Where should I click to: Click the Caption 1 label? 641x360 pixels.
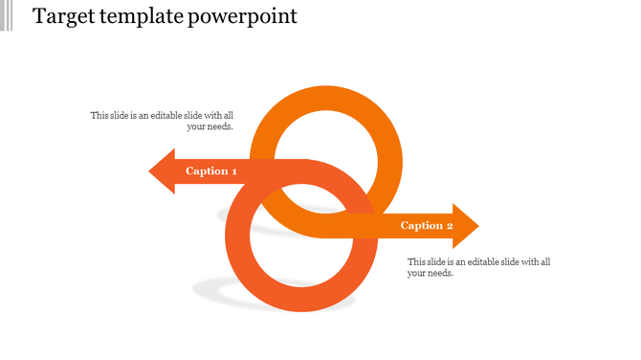click(x=211, y=171)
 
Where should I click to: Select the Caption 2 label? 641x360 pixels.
click(x=427, y=226)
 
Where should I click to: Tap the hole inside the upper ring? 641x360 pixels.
click(x=325, y=153)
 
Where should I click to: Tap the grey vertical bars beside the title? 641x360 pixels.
click(x=8, y=15)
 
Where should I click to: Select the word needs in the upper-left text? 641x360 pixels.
click(x=220, y=126)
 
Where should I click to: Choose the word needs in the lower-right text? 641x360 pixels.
click(x=440, y=273)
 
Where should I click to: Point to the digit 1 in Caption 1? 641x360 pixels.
click(x=233, y=171)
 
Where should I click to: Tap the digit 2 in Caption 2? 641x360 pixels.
click(x=449, y=226)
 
